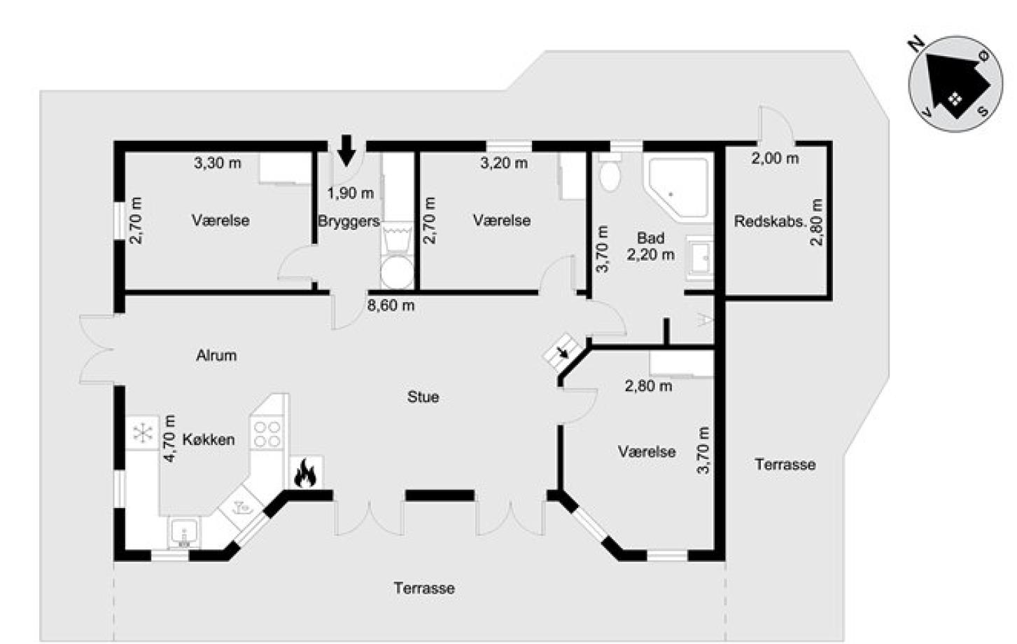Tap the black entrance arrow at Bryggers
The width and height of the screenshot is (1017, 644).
click(x=347, y=150)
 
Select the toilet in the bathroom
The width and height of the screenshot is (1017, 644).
click(x=610, y=173)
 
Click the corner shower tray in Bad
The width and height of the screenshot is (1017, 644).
click(x=678, y=187)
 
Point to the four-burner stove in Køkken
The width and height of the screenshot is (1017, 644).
click(x=267, y=434)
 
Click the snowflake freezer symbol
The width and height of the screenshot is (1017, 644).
click(x=142, y=432)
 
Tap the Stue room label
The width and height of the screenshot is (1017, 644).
click(x=423, y=397)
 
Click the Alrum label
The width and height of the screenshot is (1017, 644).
click(x=216, y=355)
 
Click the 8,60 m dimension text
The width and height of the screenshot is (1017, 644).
click(x=391, y=306)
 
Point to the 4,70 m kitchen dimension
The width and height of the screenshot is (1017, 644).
click(x=169, y=438)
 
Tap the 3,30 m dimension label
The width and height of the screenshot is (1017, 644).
click(x=218, y=163)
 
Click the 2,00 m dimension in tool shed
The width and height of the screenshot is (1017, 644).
click(x=775, y=158)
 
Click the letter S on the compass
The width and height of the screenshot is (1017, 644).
click(x=983, y=111)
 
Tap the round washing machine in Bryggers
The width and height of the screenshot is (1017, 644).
click(x=397, y=272)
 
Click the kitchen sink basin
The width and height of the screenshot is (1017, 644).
click(x=184, y=532)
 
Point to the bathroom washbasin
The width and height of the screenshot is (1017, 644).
click(x=700, y=257)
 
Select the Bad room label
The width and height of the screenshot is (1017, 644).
click(x=651, y=238)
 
